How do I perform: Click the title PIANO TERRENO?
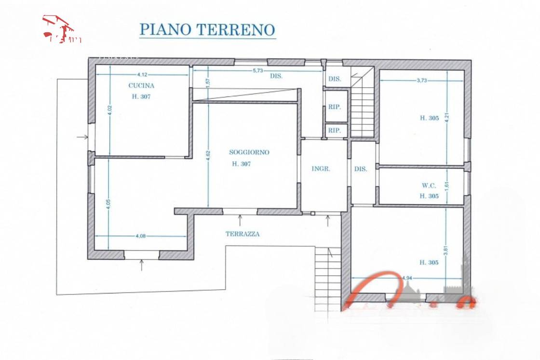[207, 30]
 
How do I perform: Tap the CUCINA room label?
[141, 86]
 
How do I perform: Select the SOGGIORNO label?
[249, 152]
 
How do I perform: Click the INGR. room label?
[321, 169]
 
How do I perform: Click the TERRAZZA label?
[243, 234]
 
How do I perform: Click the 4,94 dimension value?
[407, 278]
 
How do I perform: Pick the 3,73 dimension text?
[421, 80]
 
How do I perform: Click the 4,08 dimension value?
[141, 236]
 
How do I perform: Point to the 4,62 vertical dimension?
[208, 158]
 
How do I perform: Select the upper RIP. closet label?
[335, 107]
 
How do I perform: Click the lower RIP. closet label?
[335, 130]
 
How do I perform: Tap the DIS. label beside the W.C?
[361, 169]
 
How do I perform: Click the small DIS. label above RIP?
[335, 79]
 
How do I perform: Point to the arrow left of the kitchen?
[82, 137]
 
